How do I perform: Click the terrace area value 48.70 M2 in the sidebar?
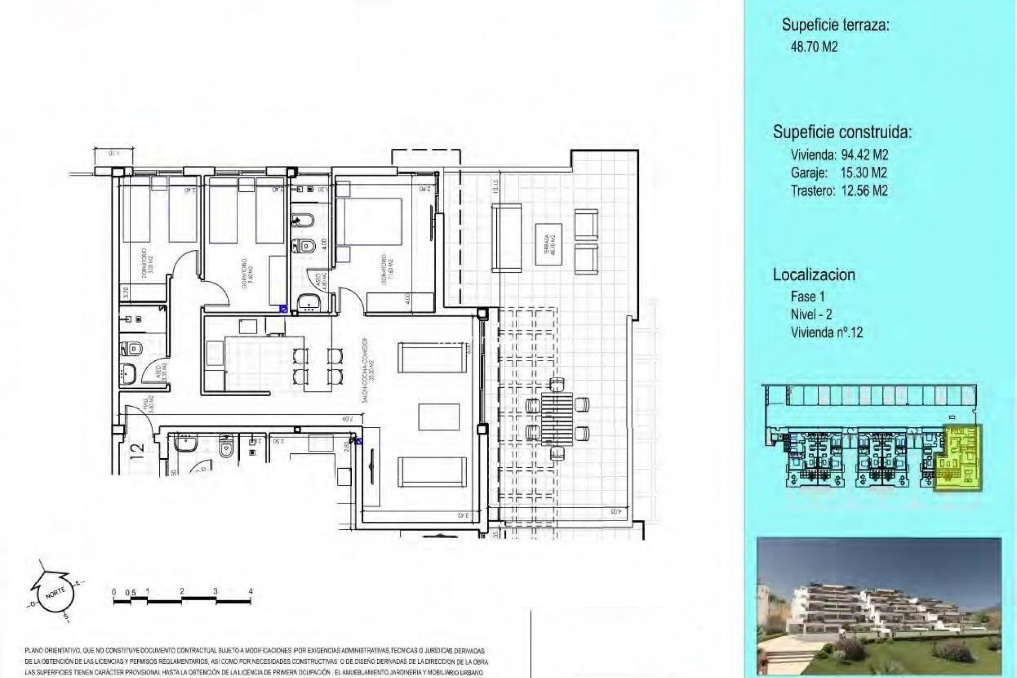[x=814, y=47]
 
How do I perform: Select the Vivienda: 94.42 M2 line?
[x=839, y=155]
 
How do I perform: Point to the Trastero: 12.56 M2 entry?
[x=838, y=191]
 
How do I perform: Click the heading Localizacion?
[x=814, y=275]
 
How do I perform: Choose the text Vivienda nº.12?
[x=826, y=333]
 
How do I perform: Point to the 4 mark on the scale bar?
[x=250, y=592]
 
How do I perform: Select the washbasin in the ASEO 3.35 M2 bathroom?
[x=128, y=374]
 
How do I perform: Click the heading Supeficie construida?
[x=842, y=132]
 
